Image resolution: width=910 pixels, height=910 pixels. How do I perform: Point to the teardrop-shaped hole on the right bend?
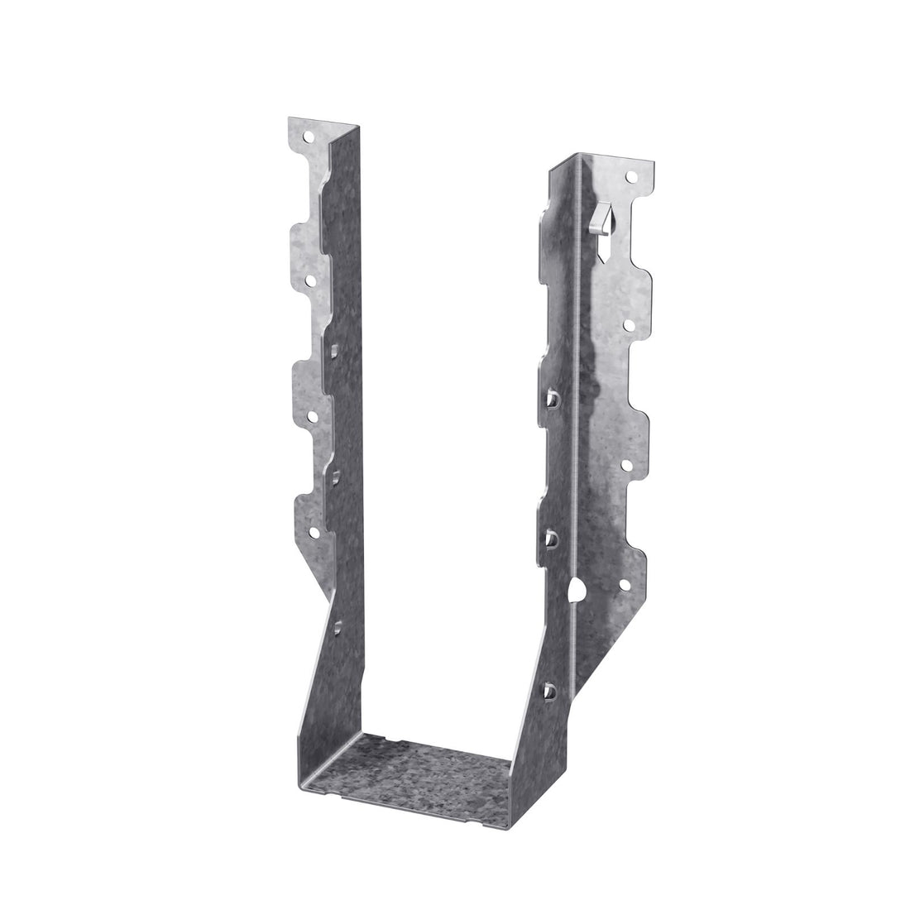tap(578, 590)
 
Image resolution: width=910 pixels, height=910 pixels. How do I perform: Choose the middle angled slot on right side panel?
tap(549, 539)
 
